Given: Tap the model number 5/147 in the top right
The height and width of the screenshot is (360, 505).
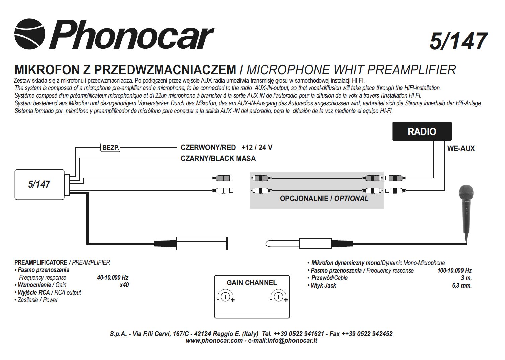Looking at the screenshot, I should [x=457, y=42].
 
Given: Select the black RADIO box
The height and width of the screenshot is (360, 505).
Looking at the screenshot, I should [x=422, y=131].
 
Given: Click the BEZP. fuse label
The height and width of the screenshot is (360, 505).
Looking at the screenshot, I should [x=111, y=147].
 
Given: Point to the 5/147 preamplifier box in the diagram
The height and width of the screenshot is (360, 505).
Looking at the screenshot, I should [x=39, y=184].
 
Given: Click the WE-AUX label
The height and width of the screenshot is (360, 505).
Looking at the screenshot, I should [x=460, y=149].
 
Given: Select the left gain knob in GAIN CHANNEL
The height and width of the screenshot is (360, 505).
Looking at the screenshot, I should [x=225, y=297].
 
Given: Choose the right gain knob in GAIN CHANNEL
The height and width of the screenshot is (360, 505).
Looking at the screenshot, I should [x=278, y=297].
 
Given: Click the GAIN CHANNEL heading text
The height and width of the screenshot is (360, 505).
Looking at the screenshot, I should [x=252, y=283].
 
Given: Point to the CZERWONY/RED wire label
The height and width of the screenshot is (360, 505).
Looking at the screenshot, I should [x=208, y=148].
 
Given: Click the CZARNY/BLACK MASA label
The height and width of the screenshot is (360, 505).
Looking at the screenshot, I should [x=218, y=159].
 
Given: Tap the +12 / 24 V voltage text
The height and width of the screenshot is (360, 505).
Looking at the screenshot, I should [x=257, y=148].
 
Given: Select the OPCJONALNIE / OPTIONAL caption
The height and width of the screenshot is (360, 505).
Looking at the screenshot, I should [x=324, y=199].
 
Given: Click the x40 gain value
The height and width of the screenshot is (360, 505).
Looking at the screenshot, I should [x=124, y=285].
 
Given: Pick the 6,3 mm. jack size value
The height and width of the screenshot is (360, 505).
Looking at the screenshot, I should [x=461, y=286].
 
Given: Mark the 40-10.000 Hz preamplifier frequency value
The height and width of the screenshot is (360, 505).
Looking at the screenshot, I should [x=112, y=278].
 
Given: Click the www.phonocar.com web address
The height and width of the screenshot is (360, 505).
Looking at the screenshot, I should [x=214, y=341].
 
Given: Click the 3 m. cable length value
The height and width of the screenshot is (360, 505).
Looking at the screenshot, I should [x=466, y=278].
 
